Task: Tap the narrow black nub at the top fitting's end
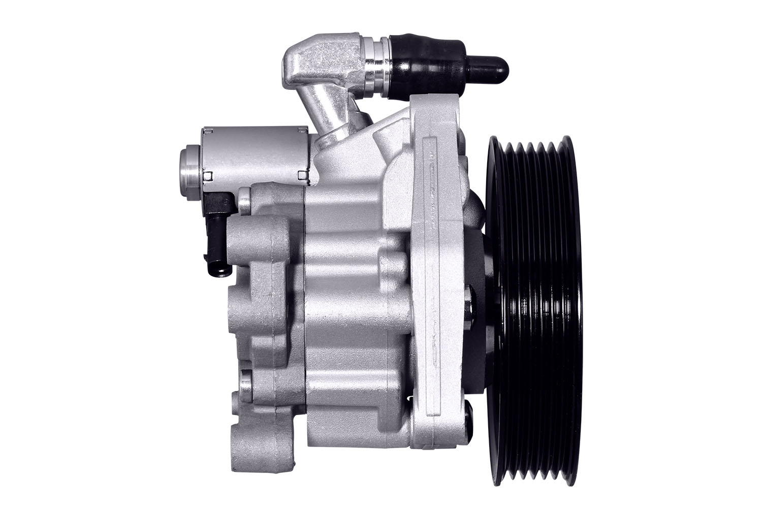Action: (x=490, y=66)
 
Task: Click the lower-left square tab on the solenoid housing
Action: (x=208, y=177)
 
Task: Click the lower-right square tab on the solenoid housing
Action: (x=303, y=176)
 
